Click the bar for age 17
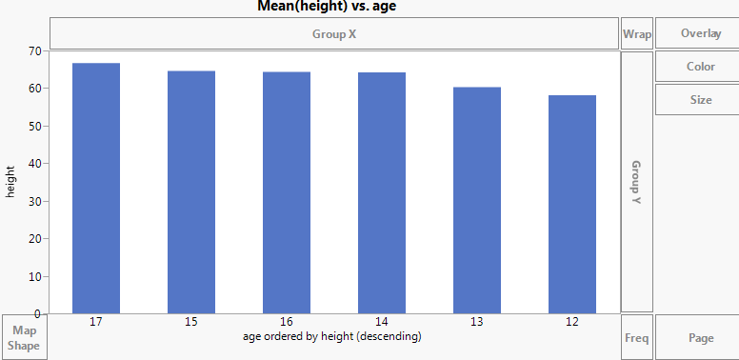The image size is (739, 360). (x=96, y=189)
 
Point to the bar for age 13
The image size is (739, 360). (x=477, y=200)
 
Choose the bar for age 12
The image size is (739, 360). (x=572, y=204)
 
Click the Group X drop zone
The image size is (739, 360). (x=334, y=34)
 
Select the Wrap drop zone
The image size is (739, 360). (x=636, y=34)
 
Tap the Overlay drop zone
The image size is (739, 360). (x=700, y=33)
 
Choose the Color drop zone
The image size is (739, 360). (x=700, y=67)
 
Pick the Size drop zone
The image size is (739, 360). (x=700, y=99)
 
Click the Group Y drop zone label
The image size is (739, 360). (x=636, y=182)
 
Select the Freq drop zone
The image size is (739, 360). (x=636, y=337)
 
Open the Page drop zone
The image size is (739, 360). (x=700, y=337)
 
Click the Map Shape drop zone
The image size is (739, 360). (x=24, y=337)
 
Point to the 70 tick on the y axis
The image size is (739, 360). (x=35, y=50)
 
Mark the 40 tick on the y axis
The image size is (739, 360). (x=35, y=163)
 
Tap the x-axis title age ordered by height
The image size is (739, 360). (x=331, y=336)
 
